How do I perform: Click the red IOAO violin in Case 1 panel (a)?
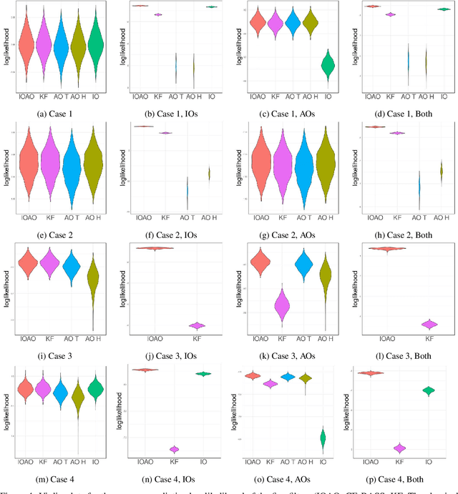coord(26,46)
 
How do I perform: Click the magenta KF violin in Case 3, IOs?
coord(196,325)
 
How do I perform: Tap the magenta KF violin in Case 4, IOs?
coord(174,449)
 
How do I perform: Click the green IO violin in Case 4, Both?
coord(429,390)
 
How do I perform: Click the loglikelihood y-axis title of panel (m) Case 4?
coord(6,410)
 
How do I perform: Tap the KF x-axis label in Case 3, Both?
coord(429,340)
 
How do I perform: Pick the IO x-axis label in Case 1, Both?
coord(444,95)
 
